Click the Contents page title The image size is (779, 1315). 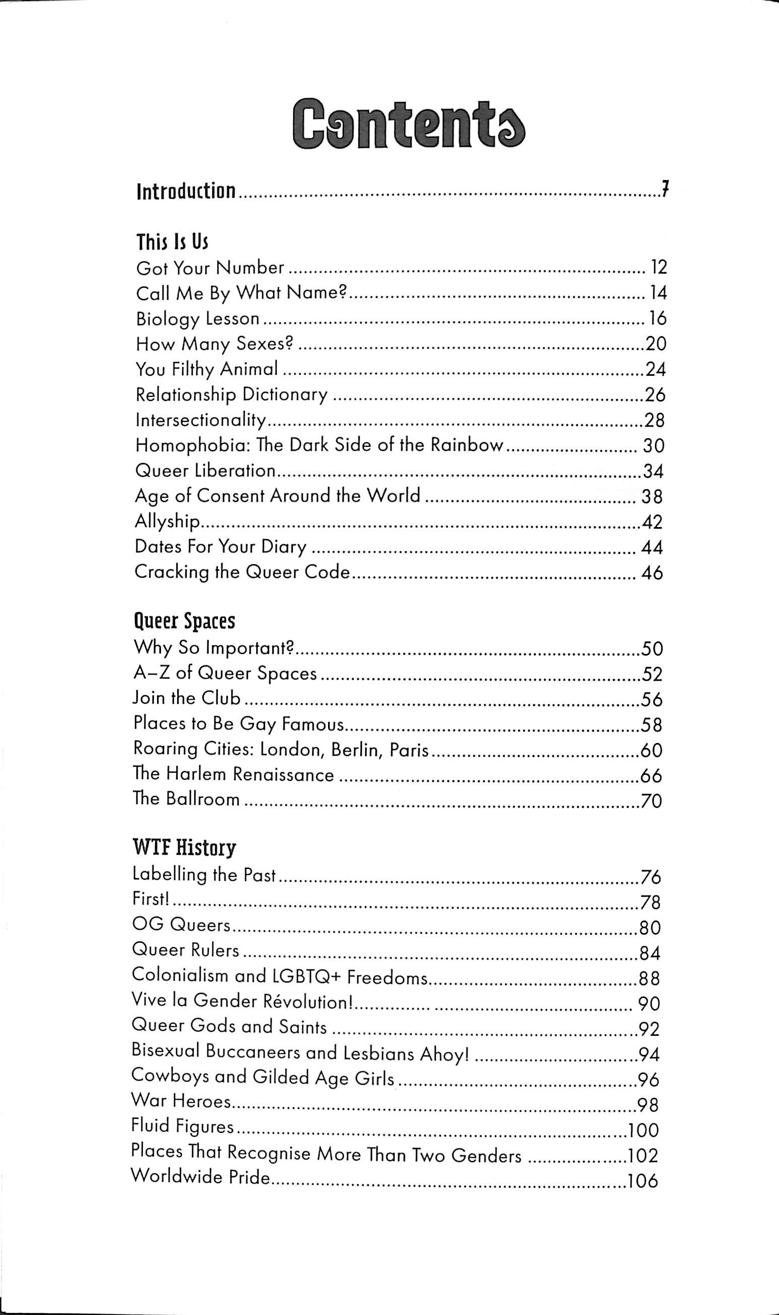408,124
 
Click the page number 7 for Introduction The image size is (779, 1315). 665,190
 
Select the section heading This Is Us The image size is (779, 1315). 172,242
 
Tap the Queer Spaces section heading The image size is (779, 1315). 184,621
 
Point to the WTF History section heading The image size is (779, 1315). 184,848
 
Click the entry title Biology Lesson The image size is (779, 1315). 198,318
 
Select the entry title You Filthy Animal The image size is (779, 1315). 206,369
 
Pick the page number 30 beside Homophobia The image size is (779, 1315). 654,446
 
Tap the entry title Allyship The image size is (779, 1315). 168,521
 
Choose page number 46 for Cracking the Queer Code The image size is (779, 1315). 652,573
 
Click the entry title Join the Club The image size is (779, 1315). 186,698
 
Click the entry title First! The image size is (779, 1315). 150,899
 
